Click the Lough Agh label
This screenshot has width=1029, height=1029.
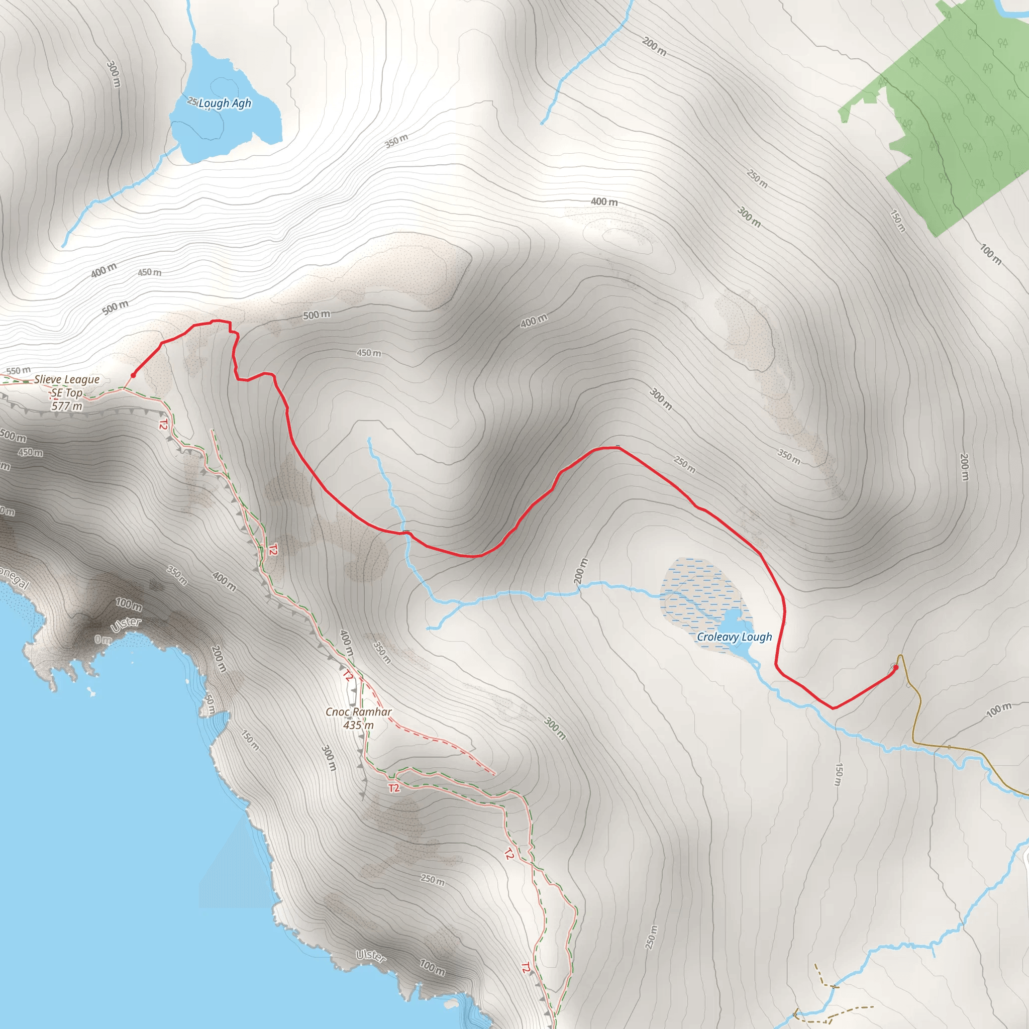click(x=224, y=104)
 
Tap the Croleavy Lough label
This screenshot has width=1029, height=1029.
click(x=734, y=637)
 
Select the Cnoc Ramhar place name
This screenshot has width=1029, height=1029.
click(x=358, y=712)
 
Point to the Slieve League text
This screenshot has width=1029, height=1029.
click(x=67, y=379)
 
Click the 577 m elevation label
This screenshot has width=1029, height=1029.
click(x=67, y=406)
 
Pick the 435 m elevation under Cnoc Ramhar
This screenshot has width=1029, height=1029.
click(x=358, y=726)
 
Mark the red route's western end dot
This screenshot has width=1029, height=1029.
click(x=133, y=375)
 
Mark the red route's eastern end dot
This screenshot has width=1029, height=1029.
click(x=896, y=667)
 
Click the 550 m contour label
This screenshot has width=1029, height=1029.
click(x=19, y=371)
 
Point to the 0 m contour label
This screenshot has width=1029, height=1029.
click(x=103, y=640)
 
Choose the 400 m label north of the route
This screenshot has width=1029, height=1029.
click(x=604, y=202)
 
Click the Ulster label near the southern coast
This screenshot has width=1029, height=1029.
click(x=371, y=956)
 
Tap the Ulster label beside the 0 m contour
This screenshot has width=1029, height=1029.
click(x=126, y=625)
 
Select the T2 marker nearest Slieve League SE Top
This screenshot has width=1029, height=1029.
click(x=163, y=425)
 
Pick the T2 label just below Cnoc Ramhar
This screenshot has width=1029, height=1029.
click(x=393, y=788)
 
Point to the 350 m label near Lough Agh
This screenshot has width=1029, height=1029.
click(x=397, y=141)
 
